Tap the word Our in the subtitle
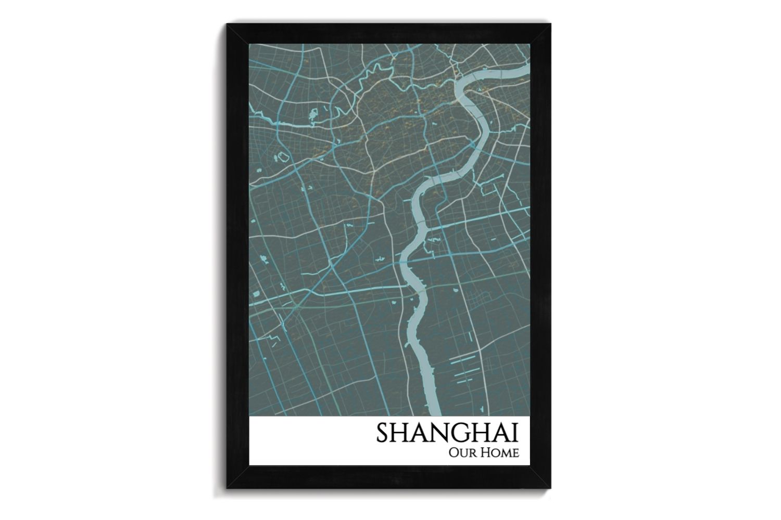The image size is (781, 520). click(x=460, y=452)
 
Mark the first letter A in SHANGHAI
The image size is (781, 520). click(x=417, y=434)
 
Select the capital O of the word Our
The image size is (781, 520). click(x=452, y=452)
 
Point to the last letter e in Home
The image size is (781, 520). click(x=515, y=453)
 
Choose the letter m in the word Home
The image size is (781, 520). click(x=505, y=453)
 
